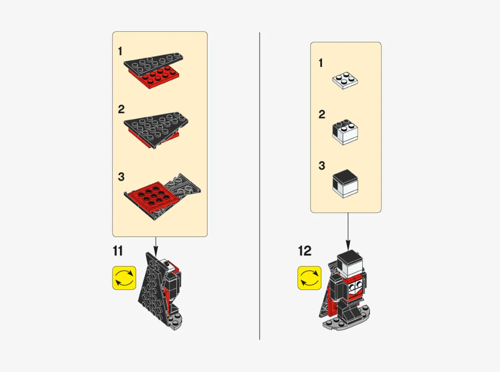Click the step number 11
(x=118, y=251)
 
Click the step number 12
(x=305, y=251)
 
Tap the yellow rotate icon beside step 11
(x=124, y=278)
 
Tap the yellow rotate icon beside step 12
(x=309, y=278)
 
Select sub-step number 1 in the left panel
(x=120, y=52)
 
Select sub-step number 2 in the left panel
(x=121, y=110)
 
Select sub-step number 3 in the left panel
(x=121, y=177)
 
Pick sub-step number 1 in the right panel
(x=321, y=63)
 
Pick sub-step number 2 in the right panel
(x=321, y=115)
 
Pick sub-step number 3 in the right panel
(x=321, y=166)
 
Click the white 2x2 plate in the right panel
(x=345, y=81)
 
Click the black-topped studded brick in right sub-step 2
(x=345, y=132)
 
